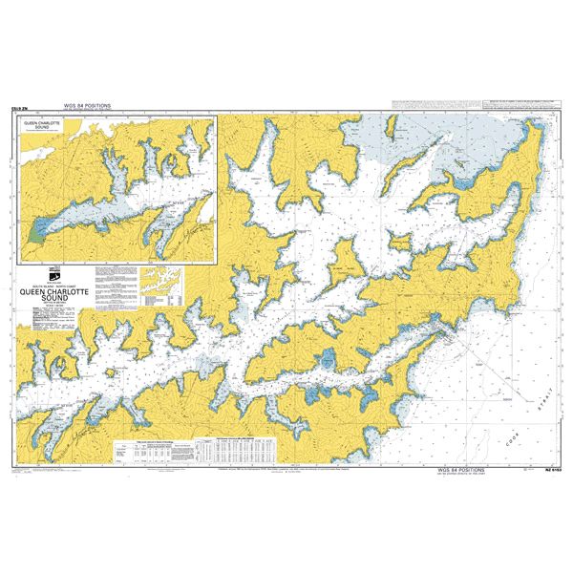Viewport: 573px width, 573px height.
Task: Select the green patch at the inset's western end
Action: [x=37, y=232]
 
